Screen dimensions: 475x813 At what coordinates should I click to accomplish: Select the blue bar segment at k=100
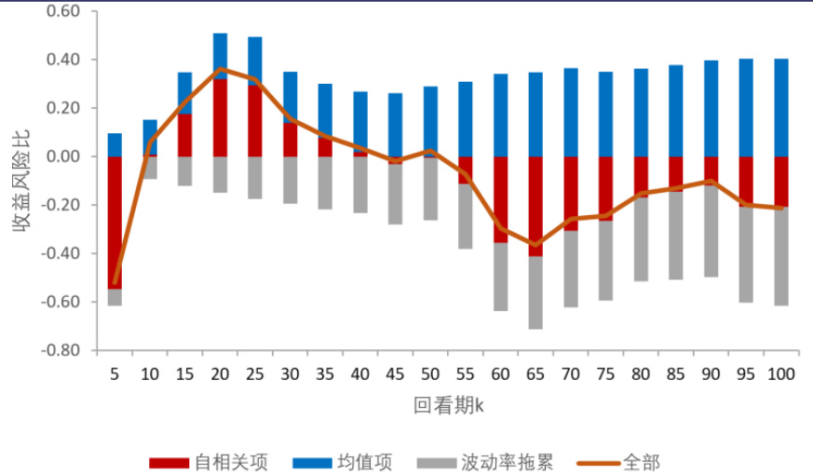(x=781, y=107)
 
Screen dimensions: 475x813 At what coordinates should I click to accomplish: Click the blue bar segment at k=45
(x=395, y=124)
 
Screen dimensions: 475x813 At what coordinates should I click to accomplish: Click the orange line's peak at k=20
(x=220, y=69)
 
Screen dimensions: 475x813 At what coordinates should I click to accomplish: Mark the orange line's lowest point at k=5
(x=115, y=282)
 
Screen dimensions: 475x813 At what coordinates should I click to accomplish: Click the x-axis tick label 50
(x=430, y=373)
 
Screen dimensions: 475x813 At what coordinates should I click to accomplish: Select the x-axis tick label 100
(x=781, y=373)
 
